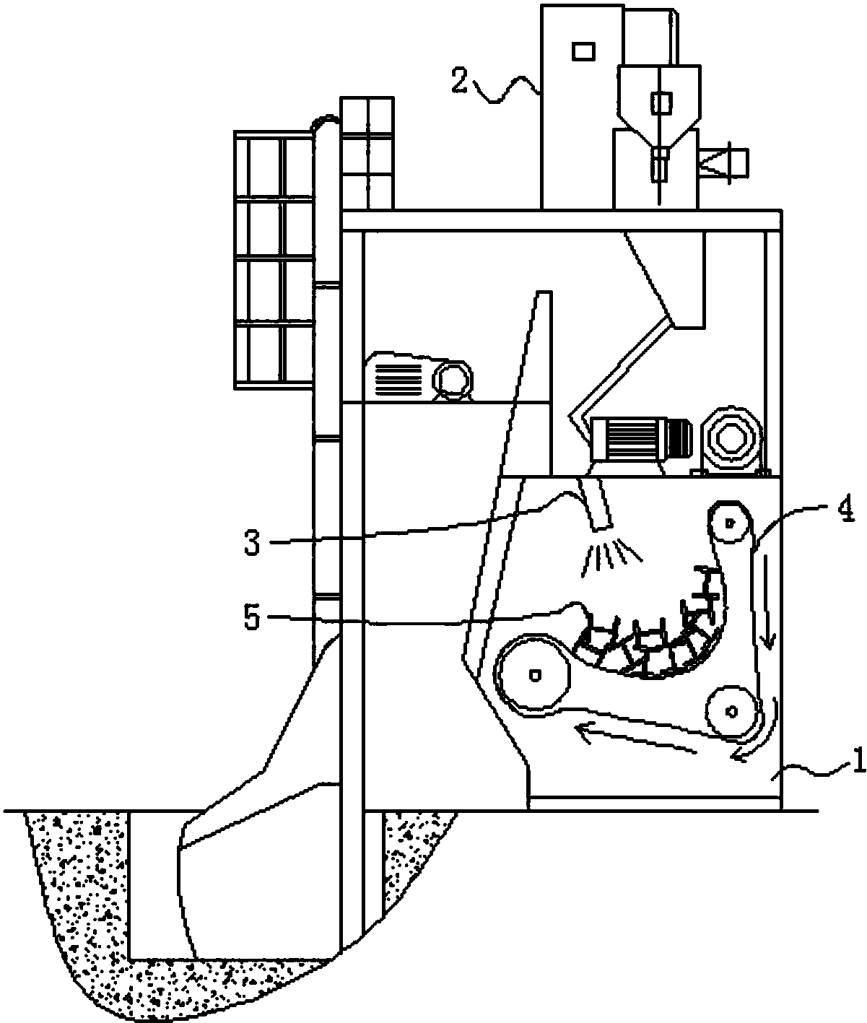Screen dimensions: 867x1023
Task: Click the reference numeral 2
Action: [x=460, y=81]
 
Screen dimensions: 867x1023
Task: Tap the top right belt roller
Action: [x=729, y=522]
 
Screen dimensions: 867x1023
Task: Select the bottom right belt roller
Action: [x=732, y=711]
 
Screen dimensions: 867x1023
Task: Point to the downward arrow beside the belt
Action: [x=767, y=602]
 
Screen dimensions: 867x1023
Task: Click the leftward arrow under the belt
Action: [x=636, y=739]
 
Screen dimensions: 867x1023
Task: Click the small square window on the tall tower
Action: [x=583, y=51]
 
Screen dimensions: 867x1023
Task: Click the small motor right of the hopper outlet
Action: [x=723, y=161]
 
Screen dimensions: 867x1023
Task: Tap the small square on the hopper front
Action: [x=662, y=103]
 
